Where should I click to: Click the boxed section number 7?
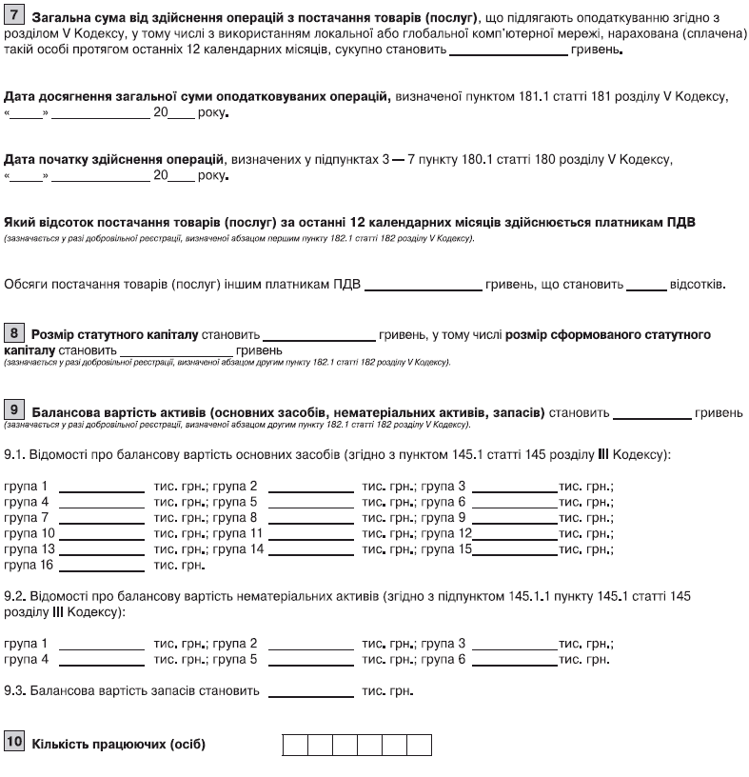pos(15,18)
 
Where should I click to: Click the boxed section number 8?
pos(15,333)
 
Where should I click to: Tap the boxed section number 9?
pos(15,410)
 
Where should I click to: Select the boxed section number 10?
pos(15,741)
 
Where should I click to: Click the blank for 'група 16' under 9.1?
pos(101,567)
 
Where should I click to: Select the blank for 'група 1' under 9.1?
pos(101,488)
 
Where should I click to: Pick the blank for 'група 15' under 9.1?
pos(515,550)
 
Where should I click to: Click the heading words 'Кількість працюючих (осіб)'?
pos(119,743)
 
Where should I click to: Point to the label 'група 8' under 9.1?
pos(235,518)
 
